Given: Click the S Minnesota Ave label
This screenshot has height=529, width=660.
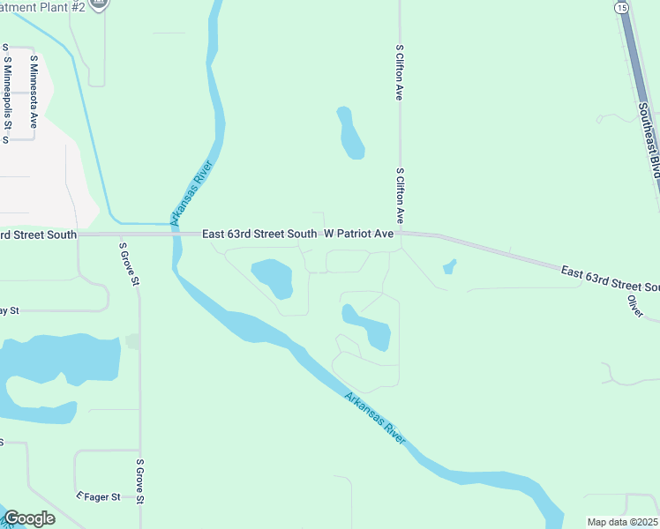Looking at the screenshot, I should coord(34,92).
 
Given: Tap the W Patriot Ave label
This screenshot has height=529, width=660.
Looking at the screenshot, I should coord(358,234).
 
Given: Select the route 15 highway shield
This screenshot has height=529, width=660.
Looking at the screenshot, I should coord(622,7).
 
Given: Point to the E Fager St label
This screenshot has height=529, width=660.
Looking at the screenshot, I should coord(99,497).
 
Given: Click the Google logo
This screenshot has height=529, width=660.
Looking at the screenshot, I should coord(29,518).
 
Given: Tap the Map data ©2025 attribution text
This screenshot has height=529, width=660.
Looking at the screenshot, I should coord(623,522).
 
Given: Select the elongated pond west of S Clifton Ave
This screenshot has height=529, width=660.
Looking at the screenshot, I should coord(350,133).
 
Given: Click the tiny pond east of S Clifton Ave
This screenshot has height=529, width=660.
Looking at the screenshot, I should coord(449,265).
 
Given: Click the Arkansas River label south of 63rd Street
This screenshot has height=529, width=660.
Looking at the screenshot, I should coord(376,418).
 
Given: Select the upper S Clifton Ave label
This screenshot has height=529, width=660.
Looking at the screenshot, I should coord(400,72).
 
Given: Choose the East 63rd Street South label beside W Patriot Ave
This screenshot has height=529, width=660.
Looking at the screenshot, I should coord(259,234).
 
